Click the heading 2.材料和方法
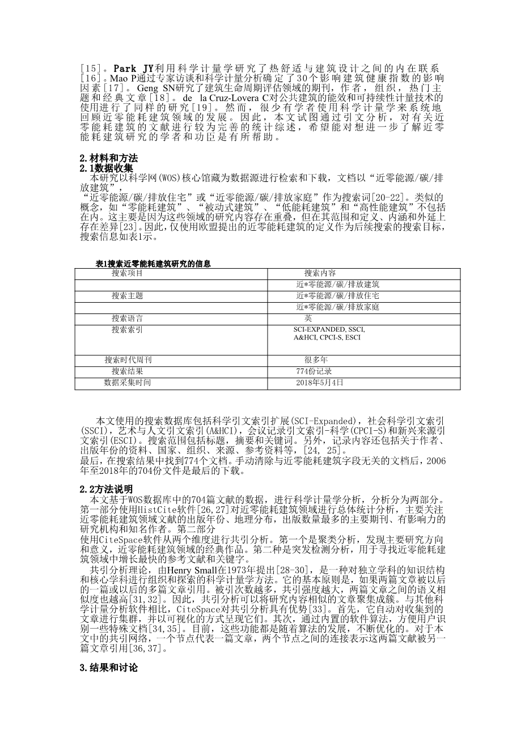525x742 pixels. coord(109,158)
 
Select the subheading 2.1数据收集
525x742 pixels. coord(107,168)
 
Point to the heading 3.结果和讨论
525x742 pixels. coord(109,668)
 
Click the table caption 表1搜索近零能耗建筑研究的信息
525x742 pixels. coord(154,264)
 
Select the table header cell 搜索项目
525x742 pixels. coord(127,273)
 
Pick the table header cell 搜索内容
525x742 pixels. coord(320,273)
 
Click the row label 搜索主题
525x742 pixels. coord(127,296)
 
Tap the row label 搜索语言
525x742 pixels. coord(127,319)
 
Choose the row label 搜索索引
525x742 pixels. coord(127,329)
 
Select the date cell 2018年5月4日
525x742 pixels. coord(320,383)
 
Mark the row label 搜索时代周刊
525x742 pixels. coord(128,360)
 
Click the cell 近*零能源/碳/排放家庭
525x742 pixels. coord(337,307)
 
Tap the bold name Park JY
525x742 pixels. coord(134,69)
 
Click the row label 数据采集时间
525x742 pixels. coord(127,383)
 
